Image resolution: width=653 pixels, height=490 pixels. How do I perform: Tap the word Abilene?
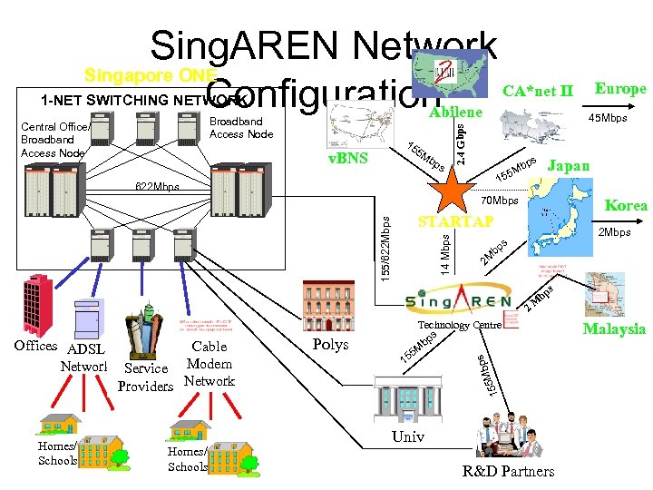pyautogui.click(x=454, y=113)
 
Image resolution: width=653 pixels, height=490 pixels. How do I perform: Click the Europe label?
pyautogui.click(x=619, y=88)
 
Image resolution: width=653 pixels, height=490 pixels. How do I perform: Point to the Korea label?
pyautogui.click(x=626, y=206)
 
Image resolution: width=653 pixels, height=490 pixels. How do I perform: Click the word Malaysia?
pyautogui.click(x=614, y=329)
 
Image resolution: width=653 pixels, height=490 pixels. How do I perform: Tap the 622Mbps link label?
pyautogui.click(x=159, y=188)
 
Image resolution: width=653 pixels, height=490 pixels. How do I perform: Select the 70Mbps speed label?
pyautogui.click(x=499, y=200)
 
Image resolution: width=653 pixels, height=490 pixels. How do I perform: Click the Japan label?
pyautogui.click(x=570, y=166)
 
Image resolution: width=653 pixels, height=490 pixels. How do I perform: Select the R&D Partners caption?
pyautogui.click(x=508, y=471)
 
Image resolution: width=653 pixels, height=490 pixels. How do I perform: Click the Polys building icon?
pyautogui.click(x=332, y=309)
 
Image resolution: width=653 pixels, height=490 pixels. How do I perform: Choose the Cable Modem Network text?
pyautogui.click(x=210, y=363)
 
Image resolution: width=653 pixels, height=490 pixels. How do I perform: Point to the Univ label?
pyautogui.click(x=407, y=437)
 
